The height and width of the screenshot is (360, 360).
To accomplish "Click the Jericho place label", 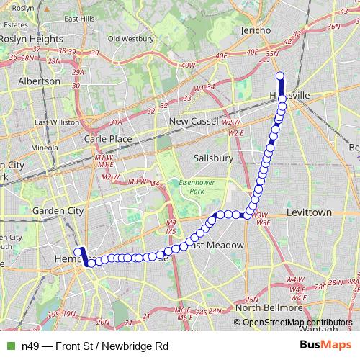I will (256, 30).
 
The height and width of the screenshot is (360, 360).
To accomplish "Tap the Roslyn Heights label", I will (30, 39).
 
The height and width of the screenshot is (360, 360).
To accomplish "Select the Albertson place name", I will (39, 81).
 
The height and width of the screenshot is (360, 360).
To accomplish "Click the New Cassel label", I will (194, 122).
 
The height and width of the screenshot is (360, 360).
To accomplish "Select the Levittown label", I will (308, 213).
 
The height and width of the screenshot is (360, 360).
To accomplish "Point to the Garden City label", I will (58, 211).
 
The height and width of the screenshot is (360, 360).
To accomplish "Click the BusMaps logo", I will (329, 345).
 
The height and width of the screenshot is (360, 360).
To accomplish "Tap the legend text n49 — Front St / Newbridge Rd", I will (91, 346).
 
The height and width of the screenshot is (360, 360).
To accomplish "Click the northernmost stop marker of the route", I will (279, 76).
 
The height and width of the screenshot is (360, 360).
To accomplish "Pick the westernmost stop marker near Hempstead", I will (78, 252).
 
